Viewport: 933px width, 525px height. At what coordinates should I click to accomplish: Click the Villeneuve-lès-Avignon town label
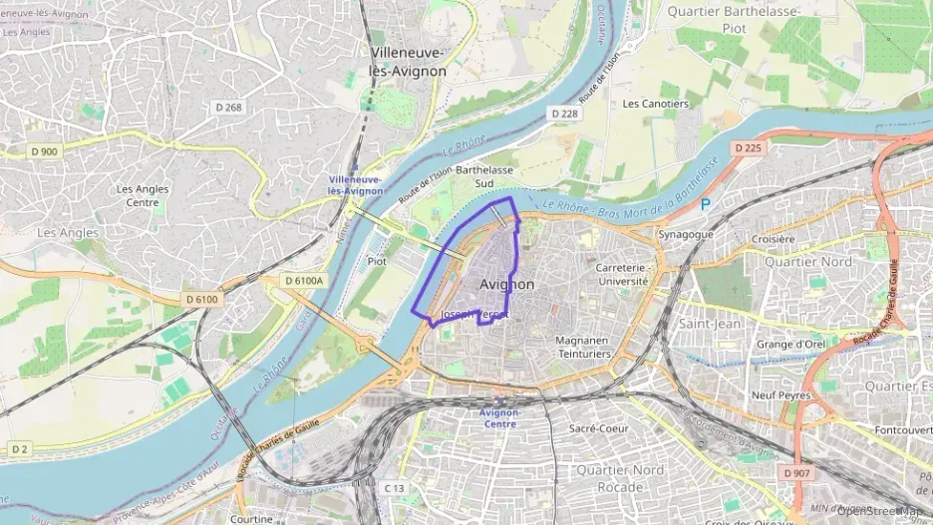[409, 62]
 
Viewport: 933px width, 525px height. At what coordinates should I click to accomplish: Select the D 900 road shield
[44, 151]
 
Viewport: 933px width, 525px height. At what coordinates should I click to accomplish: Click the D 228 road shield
[564, 114]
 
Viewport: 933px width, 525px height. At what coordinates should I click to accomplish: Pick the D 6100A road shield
[304, 281]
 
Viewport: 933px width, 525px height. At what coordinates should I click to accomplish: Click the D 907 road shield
[797, 472]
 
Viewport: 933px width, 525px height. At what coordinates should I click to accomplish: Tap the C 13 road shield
[396, 488]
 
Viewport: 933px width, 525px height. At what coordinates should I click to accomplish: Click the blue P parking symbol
[706, 204]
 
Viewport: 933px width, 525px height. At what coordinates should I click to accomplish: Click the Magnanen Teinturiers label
[583, 347]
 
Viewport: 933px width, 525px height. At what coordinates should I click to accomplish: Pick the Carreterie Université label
[623, 275]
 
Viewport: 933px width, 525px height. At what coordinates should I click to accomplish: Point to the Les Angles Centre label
[143, 195]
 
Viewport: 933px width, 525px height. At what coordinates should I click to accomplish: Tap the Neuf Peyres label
[777, 394]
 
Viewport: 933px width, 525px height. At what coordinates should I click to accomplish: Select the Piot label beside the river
[377, 261]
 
